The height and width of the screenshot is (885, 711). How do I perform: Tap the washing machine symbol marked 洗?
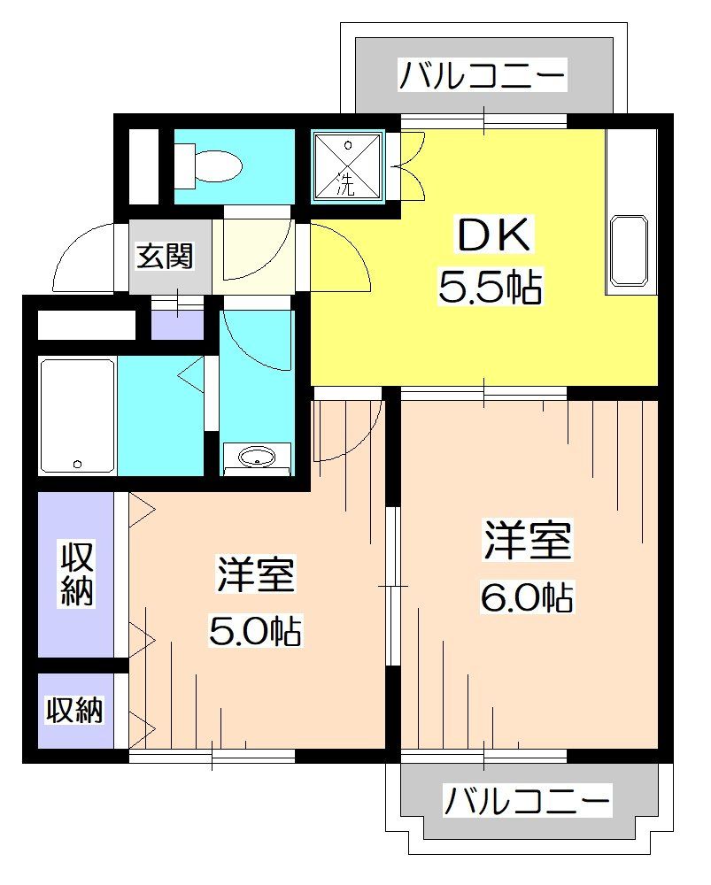[x=347, y=165]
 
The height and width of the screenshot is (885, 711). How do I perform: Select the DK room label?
[x=494, y=236]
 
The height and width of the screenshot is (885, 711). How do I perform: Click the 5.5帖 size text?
[x=490, y=288]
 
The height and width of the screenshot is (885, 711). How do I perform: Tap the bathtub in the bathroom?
[x=77, y=415]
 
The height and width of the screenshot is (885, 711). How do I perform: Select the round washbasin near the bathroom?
[x=257, y=457]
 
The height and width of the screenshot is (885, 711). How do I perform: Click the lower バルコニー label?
[x=527, y=802]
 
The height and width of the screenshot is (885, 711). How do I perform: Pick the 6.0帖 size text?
[x=528, y=598]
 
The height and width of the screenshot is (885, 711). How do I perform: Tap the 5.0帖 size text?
[x=255, y=630]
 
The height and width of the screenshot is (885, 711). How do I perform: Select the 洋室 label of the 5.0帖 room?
[x=255, y=576]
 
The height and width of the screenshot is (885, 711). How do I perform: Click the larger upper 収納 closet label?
[x=77, y=574]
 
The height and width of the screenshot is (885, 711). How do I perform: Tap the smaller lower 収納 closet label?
[x=75, y=710]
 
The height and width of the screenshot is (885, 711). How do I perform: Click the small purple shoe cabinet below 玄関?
[x=177, y=321]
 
